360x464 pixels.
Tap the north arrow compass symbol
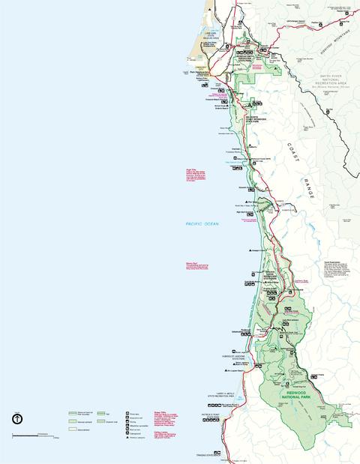coord(16,419)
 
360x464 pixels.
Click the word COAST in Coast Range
coord(294,152)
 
